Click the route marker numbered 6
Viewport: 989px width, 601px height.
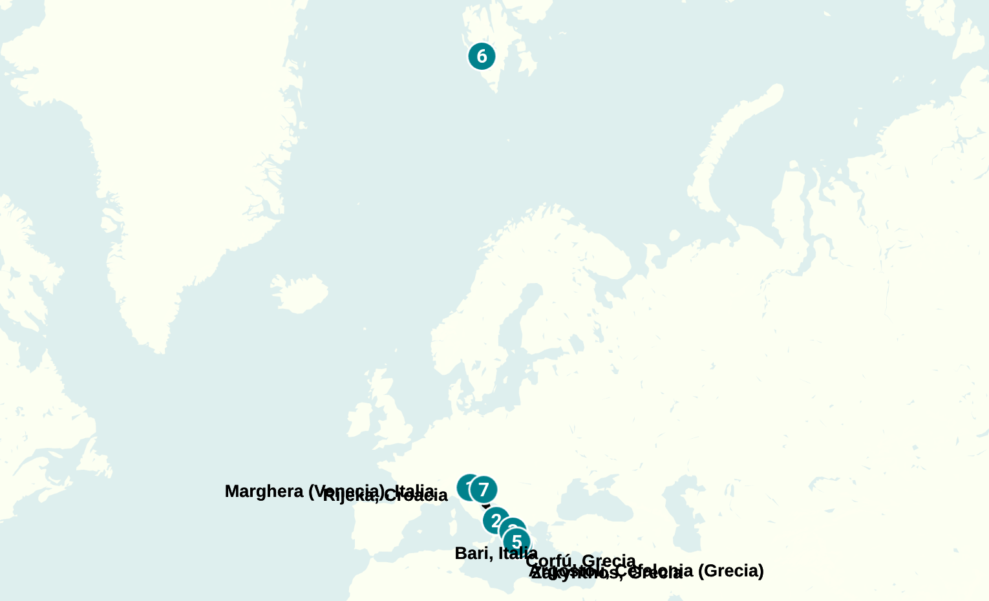[x=482, y=56]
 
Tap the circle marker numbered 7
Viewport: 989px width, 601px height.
[x=484, y=490]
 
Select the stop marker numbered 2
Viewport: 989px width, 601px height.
[x=496, y=520]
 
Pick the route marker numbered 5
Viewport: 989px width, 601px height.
[x=516, y=542]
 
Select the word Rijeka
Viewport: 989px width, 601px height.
[x=349, y=496]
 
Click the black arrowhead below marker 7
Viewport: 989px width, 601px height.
[x=487, y=506]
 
